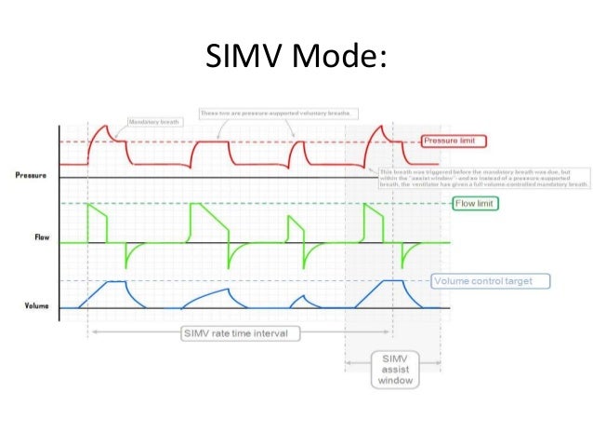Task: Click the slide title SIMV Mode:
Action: (296, 59)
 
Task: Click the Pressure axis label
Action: (32, 175)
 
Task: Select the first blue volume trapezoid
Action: (112, 289)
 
